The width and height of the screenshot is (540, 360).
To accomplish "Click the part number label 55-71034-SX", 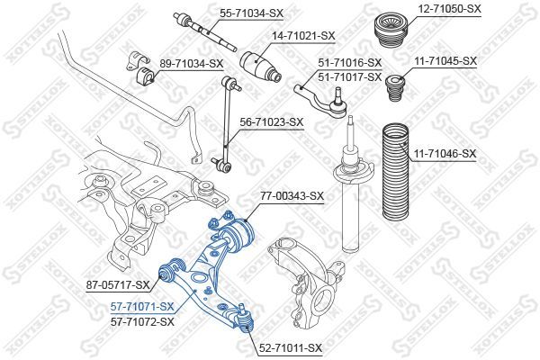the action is pyautogui.click(x=251, y=13).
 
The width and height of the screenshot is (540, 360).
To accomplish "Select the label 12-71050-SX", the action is pyautogui.click(x=449, y=9).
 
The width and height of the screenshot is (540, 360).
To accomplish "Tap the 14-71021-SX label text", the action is pyautogui.click(x=303, y=35).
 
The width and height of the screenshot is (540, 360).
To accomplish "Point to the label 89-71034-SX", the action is pyautogui.click(x=192, y=64).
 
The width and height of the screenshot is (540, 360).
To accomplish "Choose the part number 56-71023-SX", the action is pyautogui.click(x=272, y=122).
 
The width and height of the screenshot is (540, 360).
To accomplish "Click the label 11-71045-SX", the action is pyautogui.click(x=445, y=61).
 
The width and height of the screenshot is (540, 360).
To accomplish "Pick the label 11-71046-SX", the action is pyautogui.click(x=445, y=153).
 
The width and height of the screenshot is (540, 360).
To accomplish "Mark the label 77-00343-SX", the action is pyautogui.click(x=292, y=196).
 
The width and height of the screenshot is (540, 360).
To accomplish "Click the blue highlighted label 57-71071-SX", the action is pyautogui.click(x=142, y=306).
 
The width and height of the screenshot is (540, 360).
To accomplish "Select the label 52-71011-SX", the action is pyautogui.click(x=290, y=348).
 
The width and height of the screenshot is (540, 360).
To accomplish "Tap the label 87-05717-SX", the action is pyautogui.click(x=118, y=285).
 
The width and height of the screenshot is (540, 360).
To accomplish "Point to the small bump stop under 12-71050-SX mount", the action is pyautogui.click(x=395, y=88).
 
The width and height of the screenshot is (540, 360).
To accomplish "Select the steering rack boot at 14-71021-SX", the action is pyautogui.click(x=260, y=67).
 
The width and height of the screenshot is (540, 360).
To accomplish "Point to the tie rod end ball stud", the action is pyautogui.click(x=338, y=98).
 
